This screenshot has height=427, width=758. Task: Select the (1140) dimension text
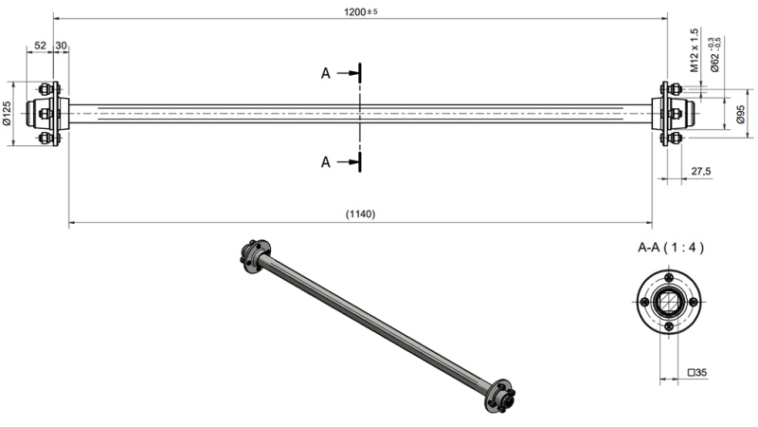pyautogui.click(x=360, y=214)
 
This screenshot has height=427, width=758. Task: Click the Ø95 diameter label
pyautogui.click(x=740, y=115)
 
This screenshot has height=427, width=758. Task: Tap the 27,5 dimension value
pyautogui.click(x=702, y=172)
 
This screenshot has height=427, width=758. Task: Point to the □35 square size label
pyautogui.click(x=698, y=373)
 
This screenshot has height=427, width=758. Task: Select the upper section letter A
pyautogui.click(x=326, y=72)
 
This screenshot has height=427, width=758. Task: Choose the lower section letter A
pyautogui.click(x=326, y=162)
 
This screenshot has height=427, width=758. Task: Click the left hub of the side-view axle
pyautogui.click(x=46, y=114)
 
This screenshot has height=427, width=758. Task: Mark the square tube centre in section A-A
pyautogui.click(x=670, y=302)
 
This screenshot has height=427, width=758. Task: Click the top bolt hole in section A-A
pyautogui.click(x=670, y=276)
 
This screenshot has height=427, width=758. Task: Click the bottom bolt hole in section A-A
pyautogui.click(x=670, y=327)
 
